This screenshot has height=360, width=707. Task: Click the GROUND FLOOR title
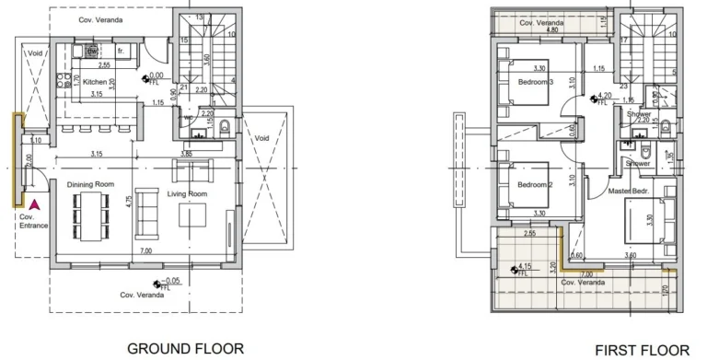pos(185,348)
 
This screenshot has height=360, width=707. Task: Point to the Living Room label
pos(187,194)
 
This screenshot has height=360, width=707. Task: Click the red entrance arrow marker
pos(34,205)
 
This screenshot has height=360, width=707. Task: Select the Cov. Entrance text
pos(34,221)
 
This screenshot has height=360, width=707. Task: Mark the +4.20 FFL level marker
pos(599,99)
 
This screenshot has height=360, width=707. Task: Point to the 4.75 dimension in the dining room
pos(130,198)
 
